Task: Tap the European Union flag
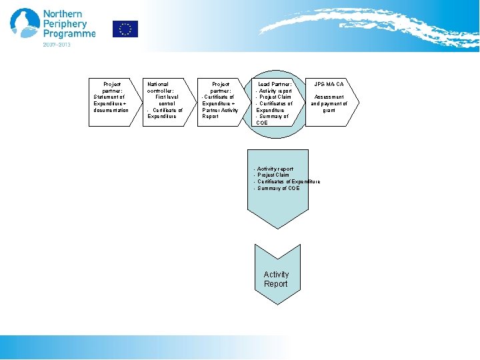tap(125, 29)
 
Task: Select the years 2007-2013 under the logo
tap(57, 45)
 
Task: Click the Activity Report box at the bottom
tap(276, 279)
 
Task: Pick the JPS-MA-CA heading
tap(329, 85)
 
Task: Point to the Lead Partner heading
tap(275, 85)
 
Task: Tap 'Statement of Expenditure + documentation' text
tap(111, 103)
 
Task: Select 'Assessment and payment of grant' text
tap(329, 103)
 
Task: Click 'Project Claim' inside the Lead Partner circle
tap(274, 97)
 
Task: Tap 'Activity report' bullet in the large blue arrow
tap(275, 169)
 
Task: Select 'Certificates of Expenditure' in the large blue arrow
tap(288, 181)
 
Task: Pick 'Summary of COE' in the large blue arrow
tap(278, 188)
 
